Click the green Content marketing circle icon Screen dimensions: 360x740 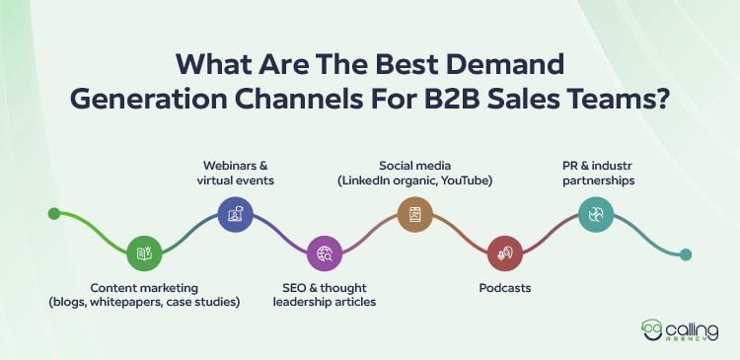click(x=143, y=253)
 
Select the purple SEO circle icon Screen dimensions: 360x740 click(x=324, y=253)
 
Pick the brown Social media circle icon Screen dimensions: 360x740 click(x=414, y=212)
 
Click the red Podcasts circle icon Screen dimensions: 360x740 click(x=504, y=253)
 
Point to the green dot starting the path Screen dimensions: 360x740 click(x=54, y=212)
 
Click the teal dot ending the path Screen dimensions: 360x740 click(x=686, y=253)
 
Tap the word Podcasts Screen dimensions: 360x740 click(x=504, y=287)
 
